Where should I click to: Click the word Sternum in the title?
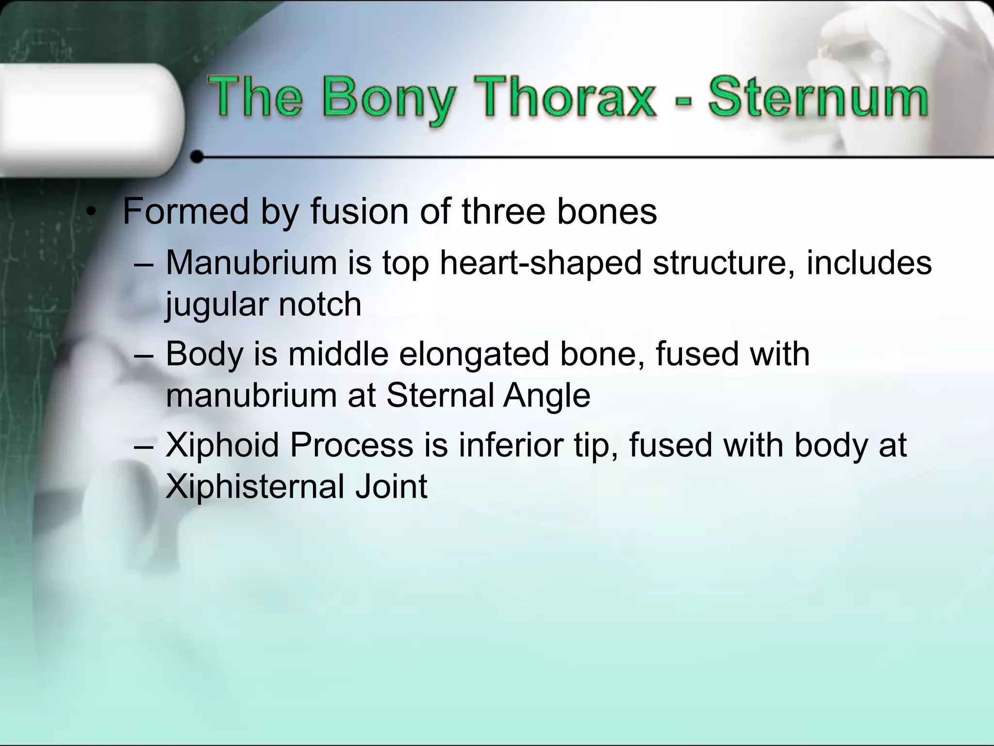[x=818, y=98]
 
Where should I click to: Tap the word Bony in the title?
[x=388, y=100]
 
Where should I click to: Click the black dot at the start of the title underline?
[x=197, y=157]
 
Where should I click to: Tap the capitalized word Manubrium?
[x=251, y=263]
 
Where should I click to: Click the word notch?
[x=320, y=305]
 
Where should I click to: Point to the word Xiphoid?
[x=223, y=445]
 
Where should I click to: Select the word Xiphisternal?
[x=255, y=486]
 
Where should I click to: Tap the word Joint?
[x=391, y=486]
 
